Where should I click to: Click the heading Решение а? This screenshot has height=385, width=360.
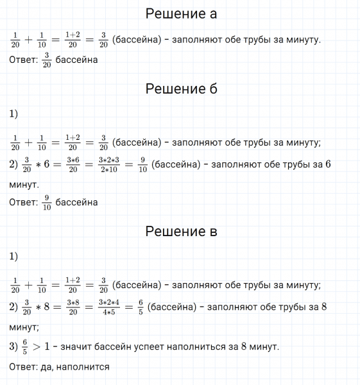click(x=182, y=13)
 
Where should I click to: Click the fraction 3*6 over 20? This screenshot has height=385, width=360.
click(x=72, y=164)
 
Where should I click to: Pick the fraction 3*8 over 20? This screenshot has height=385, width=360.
click(x=72, y=307)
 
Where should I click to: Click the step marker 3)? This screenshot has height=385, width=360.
click(x=15, y=346)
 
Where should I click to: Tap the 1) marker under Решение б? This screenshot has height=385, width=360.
click(x=14, y=114)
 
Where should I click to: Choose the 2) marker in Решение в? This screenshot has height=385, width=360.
click(x=15, y=307)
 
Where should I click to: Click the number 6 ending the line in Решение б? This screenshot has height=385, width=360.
click(x=327, y=164)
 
